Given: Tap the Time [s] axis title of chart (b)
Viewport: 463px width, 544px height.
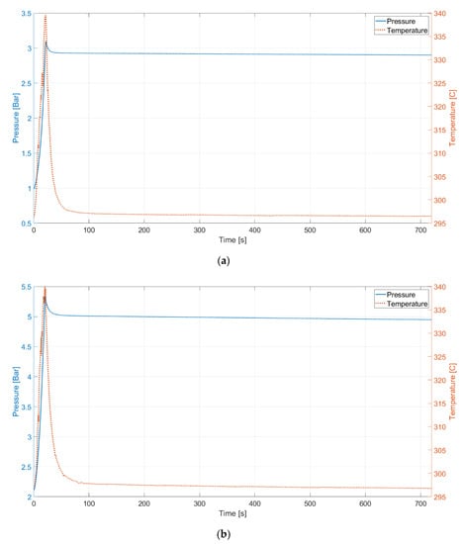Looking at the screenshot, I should coord(231,512).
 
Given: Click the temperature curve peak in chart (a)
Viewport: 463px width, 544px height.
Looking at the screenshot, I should coord(46,16).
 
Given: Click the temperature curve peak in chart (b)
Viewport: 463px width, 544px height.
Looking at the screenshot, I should coord(45,288).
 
